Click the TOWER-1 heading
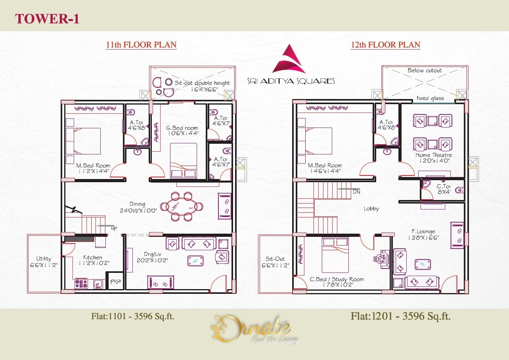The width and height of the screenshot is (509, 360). tap(47, 18)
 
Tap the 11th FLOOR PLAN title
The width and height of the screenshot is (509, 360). tap(141, 45)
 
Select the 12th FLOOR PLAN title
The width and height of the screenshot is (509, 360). tap(385, 45)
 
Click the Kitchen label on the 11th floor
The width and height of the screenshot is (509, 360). tap(92, 257)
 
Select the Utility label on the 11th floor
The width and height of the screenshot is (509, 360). tap(44, 259)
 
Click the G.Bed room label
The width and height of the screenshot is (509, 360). tap(182, 128)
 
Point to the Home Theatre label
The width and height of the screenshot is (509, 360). tap(434, 155)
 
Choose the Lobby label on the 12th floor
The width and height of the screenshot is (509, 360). tap(371, 208)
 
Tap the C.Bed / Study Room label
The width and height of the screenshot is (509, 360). tap(337, 279)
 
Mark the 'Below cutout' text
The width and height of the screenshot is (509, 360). tap(425, 70)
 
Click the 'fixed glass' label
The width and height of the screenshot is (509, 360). tap(430, 98)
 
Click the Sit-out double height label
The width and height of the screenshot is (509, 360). tap(202, 83)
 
